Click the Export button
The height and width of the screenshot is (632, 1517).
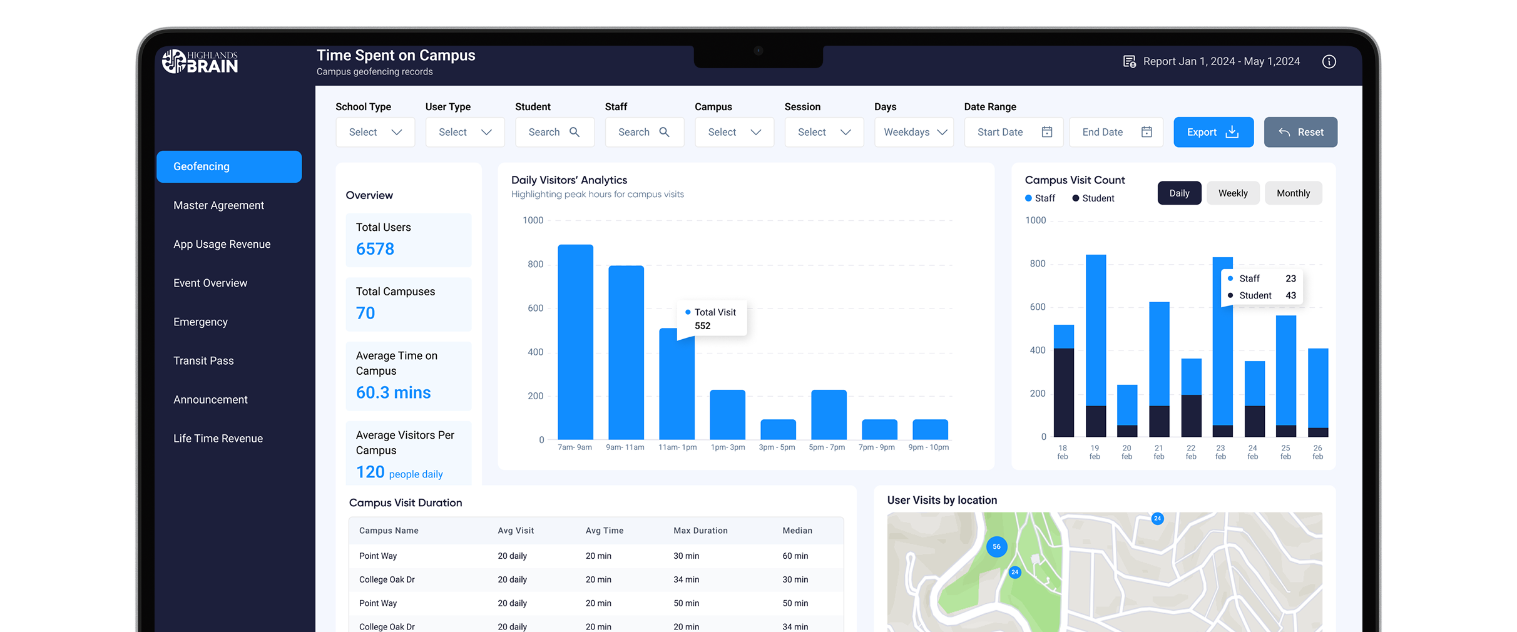(1213, 132)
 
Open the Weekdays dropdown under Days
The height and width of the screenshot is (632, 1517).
(914, 132)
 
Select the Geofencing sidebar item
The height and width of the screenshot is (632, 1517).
(228, 166)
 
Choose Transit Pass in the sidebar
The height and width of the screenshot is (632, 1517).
(203, 361)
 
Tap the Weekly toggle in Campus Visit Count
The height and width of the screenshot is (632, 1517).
(1232, 193)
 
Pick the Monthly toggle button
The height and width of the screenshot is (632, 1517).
(1293, 193)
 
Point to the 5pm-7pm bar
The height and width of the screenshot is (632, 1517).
(829, 414)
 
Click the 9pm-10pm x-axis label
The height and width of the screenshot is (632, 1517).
(929, 447)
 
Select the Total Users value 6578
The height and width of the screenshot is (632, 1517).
(375, 249)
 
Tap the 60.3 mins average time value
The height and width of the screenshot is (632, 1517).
(393, 392)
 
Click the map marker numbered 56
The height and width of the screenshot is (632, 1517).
(996, 546)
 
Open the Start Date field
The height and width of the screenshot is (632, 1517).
(1013, 132)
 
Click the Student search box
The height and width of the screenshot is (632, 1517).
(554, 132)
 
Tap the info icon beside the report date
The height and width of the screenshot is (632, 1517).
(1329, 61)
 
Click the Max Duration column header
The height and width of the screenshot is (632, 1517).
(700, 531)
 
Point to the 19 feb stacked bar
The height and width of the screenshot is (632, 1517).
(1095, 345)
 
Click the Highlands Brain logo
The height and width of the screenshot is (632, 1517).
(200, 61)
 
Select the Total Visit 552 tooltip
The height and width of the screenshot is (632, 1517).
(714, 319)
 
